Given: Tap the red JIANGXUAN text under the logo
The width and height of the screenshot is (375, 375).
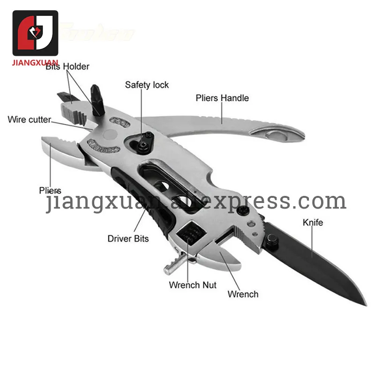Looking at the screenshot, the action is coord(35,62).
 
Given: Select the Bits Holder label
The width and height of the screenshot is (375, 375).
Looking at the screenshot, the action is coord(67,67).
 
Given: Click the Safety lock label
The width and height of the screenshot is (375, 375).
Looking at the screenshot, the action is coord(147,85).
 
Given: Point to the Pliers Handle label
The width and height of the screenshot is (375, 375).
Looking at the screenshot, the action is coord(222,98).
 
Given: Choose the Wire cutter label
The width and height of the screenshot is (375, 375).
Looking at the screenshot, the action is coord(29,120).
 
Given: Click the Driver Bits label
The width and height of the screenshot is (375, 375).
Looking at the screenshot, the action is coord(128,239).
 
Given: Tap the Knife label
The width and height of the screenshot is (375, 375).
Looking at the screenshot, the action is coord(313,222).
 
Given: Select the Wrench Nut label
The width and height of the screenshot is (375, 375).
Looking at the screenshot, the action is coord(193,285).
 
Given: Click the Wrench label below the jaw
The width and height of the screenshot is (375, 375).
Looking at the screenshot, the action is coord(243,294).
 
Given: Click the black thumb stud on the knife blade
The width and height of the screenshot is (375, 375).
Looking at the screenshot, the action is coord(273,241).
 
